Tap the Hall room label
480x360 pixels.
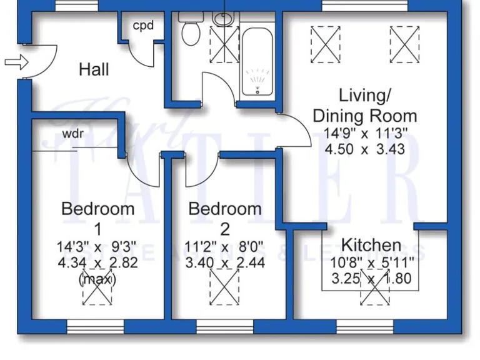coord(94,69)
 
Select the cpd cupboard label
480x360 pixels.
coord(143,26)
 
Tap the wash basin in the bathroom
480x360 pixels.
coord(223,18)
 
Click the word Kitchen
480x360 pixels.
coord(371,244)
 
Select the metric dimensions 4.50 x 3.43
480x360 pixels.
coord(365,149)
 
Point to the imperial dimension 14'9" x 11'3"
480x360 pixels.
coord(365,133)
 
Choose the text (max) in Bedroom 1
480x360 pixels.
coord(97,279)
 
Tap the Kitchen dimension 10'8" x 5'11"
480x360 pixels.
coord(371,262)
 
